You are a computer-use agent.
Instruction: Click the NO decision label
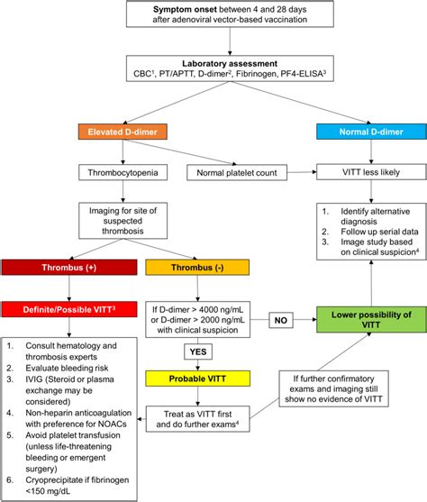click(280, 318)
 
